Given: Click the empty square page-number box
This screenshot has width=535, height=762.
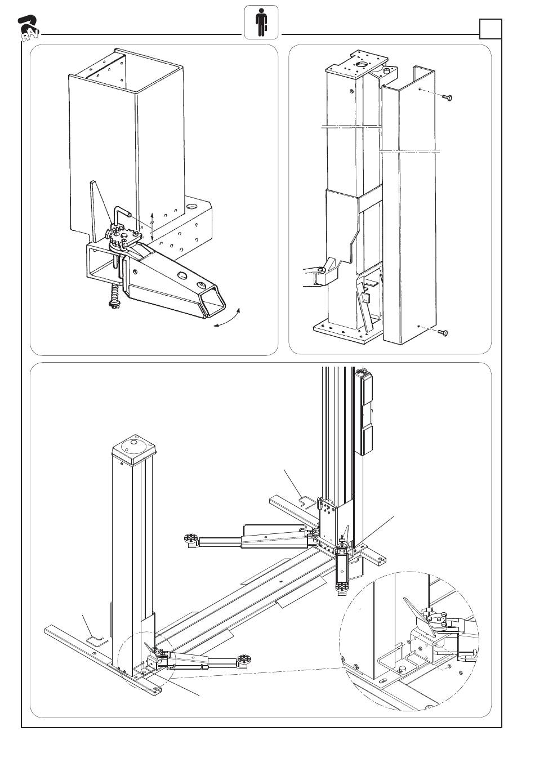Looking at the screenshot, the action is pyautogui.click(x=489, y=29).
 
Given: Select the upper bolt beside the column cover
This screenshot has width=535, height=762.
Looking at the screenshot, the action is pyautogui.click(x=447, y=98).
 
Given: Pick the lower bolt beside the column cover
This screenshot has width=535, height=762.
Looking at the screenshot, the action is pyautogui.click(x=442, y=333).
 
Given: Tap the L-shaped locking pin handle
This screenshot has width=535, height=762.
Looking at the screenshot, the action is pyautogui.click(x=121, y=217).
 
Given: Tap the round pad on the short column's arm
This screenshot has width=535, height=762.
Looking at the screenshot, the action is pyautogui.click(x=243, y=659).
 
